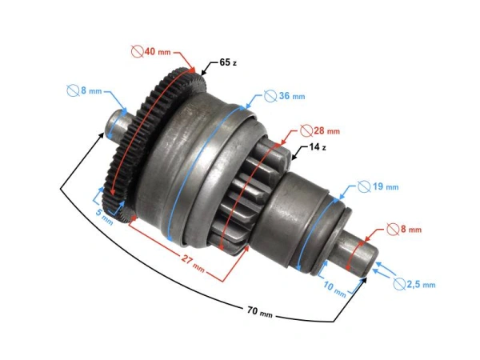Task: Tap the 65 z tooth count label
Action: click(226, 62)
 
